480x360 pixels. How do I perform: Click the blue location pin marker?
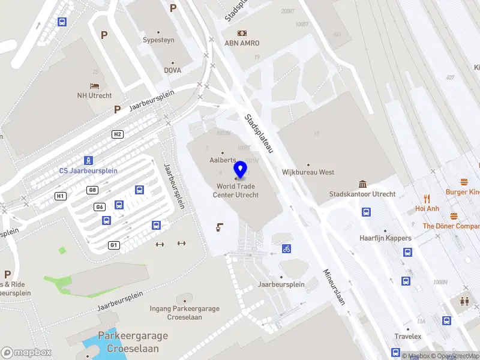click(x=241, y=169)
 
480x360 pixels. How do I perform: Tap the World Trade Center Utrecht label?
click(x=238, y=190)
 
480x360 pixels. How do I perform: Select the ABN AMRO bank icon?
click(x=242, y=33)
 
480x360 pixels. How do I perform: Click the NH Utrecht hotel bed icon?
click(x=94, y=86)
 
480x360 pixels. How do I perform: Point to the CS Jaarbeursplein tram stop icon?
click(x=88, y=160)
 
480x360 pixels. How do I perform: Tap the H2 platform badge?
click(x=118, y=134)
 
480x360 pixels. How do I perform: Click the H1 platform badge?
click(x=60, y=196)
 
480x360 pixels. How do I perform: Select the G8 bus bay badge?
click(x=92, y=190)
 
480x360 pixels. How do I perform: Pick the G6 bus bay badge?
click(x=100, y=207)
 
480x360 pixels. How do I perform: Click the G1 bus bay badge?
click(x=113, y=245)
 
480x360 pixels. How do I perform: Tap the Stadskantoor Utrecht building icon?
click(x=362, y=184)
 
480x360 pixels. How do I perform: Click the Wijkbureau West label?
click(x=308, y=172)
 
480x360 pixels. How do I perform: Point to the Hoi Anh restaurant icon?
click(x=427, y=198)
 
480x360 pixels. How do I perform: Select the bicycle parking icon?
click(x=287, y=248)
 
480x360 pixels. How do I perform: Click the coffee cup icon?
click(x=220, y=227)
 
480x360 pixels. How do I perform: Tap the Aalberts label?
click(x=223, y=160)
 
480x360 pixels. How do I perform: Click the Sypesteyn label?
click(x=158, y=40)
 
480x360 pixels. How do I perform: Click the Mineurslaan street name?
click(x=334, y=286)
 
